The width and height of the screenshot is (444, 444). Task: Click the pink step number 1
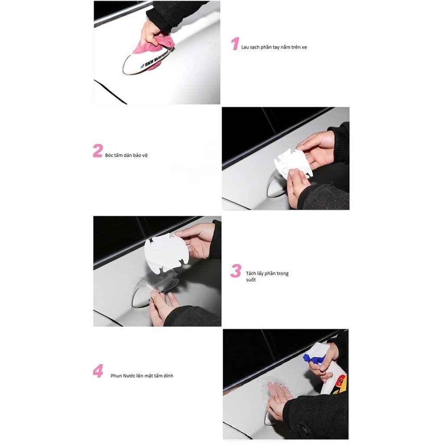pos(235,44)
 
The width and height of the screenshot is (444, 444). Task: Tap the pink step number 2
pos(98,150)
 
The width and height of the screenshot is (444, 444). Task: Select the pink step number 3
pos(236,271)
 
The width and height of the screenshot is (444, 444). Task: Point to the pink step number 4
pos(98,371)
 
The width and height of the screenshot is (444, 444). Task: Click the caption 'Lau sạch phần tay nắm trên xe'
pos(274,47)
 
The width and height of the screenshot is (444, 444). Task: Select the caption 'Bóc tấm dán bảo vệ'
pos(126,155)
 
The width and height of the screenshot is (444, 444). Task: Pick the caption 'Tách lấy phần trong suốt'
pos(267,276)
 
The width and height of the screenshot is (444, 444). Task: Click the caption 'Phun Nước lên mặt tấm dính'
pos(142,376)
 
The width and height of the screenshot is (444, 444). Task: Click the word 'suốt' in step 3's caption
pos(251,280)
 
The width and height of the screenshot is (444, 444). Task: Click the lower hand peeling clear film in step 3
pos(163,307)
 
